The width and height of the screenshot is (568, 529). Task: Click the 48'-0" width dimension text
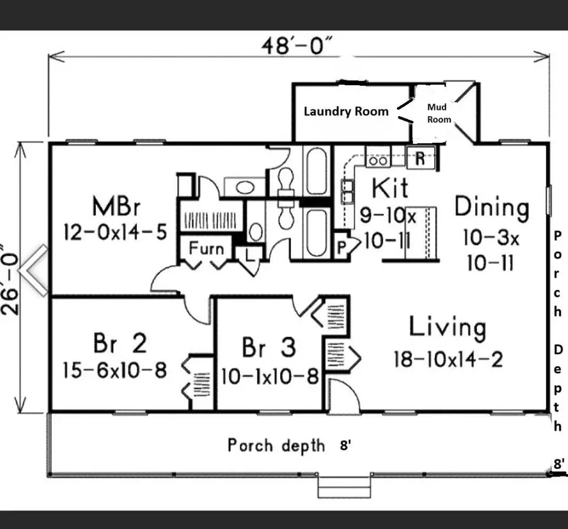click(299, 47)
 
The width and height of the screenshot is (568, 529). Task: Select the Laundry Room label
click(346, 112)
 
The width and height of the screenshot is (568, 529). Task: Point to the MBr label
click(115, 207)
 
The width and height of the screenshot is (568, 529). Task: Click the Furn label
click(206, 249)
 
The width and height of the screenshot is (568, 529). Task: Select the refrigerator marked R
click(419, 159)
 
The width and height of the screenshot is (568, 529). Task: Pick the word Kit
click(389, 188)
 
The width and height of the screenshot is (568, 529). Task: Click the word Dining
click(492, 207)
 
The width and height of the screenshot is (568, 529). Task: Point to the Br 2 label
click(120, 344)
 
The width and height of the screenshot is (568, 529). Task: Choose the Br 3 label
click(268, 348)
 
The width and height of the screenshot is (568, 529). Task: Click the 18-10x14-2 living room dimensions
click(447, 359)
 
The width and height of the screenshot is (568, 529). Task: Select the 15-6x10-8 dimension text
click(115, 371)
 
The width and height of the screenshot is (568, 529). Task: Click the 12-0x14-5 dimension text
click(115, 232)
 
